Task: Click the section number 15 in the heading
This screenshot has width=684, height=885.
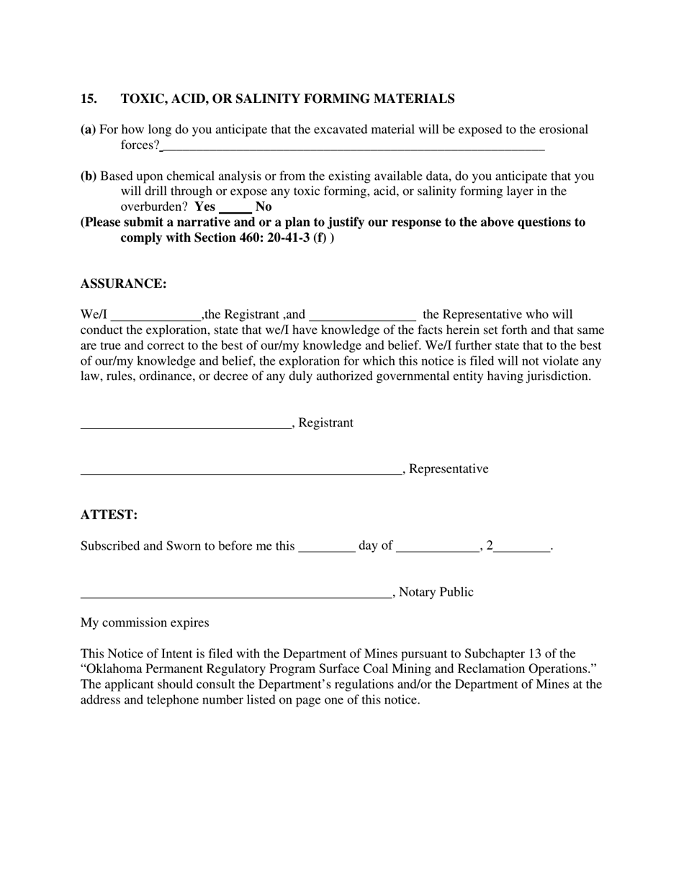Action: pos(89,99)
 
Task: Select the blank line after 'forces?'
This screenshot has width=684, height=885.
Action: pos(353,147)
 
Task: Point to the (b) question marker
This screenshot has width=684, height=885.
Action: pos(88,176)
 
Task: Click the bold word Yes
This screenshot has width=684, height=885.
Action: pos(204,207)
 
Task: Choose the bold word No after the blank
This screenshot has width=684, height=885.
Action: pos(264,207)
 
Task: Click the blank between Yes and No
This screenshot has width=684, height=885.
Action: pos(235,209)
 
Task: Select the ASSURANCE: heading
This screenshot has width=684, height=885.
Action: pos(124,284)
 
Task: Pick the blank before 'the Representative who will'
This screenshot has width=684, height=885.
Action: pos(362,317)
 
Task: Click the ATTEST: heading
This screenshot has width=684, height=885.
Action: pos(109,515)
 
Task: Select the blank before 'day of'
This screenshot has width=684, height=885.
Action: pos(326,548)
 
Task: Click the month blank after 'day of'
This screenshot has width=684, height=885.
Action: pos(438,548)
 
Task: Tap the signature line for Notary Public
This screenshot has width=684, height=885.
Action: pos(236,595)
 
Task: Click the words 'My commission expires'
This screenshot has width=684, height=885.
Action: pos(145,623)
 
